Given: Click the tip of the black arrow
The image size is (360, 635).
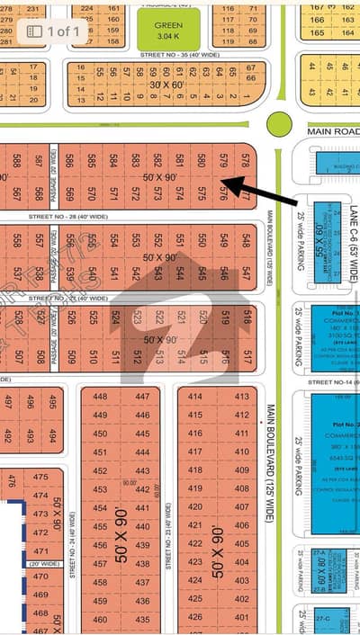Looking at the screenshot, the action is (x=223, y=183).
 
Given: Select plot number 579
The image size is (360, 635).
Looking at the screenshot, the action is (x=224, y=160).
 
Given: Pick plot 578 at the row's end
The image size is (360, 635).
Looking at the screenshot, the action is (x=246, y=160).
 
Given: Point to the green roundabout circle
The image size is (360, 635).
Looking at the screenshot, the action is (x=279, y=124).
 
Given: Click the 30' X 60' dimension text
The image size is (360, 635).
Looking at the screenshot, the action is (x=167, y=84).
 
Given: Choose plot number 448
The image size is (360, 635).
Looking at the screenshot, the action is (x=100, y=397).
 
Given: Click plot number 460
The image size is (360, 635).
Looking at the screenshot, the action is (x=100, y=620).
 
